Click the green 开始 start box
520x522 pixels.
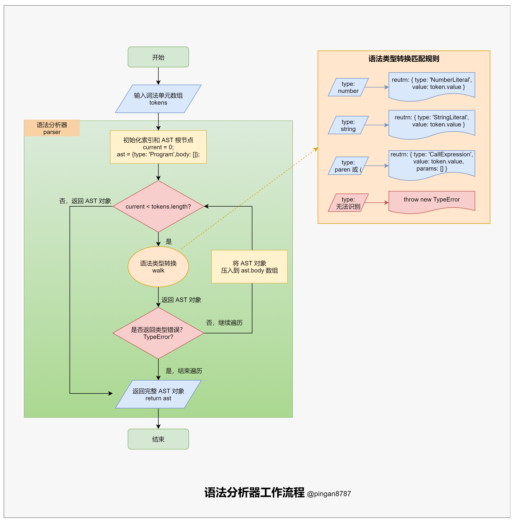[158, 57]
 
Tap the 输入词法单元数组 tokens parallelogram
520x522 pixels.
[158, 99]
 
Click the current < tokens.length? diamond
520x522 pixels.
[158, 206]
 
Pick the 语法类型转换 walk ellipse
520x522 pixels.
[158, 267]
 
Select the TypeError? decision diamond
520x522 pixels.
[158, 333]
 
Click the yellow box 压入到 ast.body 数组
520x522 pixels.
[249, 267]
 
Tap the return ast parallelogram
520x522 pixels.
[158, 395]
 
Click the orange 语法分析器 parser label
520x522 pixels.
[52, 128]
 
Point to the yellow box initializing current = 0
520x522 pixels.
[158, 147]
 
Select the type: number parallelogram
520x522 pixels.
[348, 87]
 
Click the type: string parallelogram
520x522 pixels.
[348, 125]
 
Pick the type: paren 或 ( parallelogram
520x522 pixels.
[348, 166]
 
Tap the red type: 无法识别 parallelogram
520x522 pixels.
[348, 203]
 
